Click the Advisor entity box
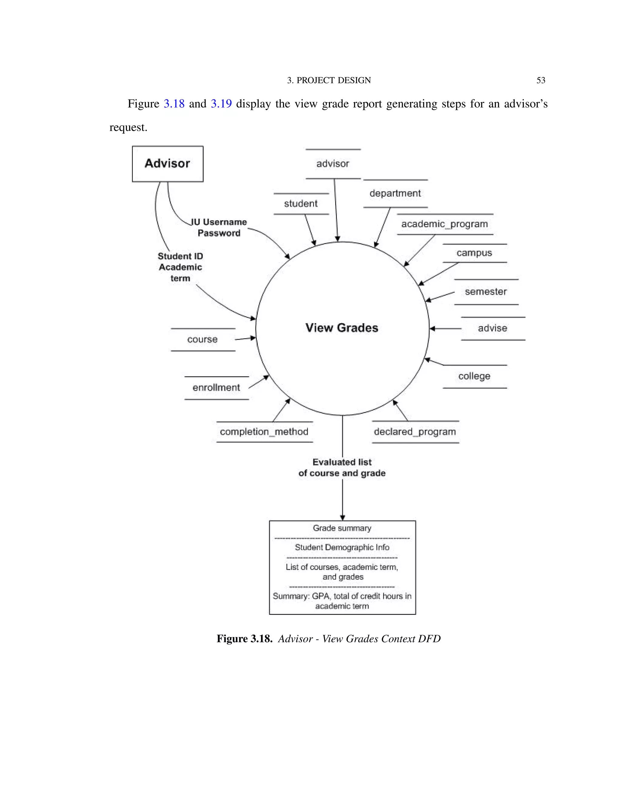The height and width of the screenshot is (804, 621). click(167, 164)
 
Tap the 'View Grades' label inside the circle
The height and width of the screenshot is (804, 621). click(342, 328)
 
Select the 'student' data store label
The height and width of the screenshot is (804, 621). click(300, 204)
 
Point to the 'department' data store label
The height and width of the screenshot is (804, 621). click(395, 193)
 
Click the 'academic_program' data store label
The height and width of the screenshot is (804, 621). click(445, 224)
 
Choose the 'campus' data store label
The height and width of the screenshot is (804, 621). click(474, 253)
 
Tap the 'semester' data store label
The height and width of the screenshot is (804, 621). click(486, 292)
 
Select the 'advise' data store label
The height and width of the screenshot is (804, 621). click(492, 328)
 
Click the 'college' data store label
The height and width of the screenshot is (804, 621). click(474, 376)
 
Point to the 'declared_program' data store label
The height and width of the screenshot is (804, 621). click(415, 431)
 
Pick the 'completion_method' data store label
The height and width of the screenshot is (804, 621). click(264, 431)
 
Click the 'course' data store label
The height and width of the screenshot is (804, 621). click(202, 340)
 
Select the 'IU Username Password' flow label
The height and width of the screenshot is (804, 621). click(219, 228)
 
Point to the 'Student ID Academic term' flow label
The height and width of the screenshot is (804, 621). click(180, 267)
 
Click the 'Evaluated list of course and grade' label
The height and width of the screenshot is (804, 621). click(342, 468)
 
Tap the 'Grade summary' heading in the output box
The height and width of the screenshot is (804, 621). click(342, 528)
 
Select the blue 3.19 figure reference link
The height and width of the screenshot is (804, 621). click(221, 104)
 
